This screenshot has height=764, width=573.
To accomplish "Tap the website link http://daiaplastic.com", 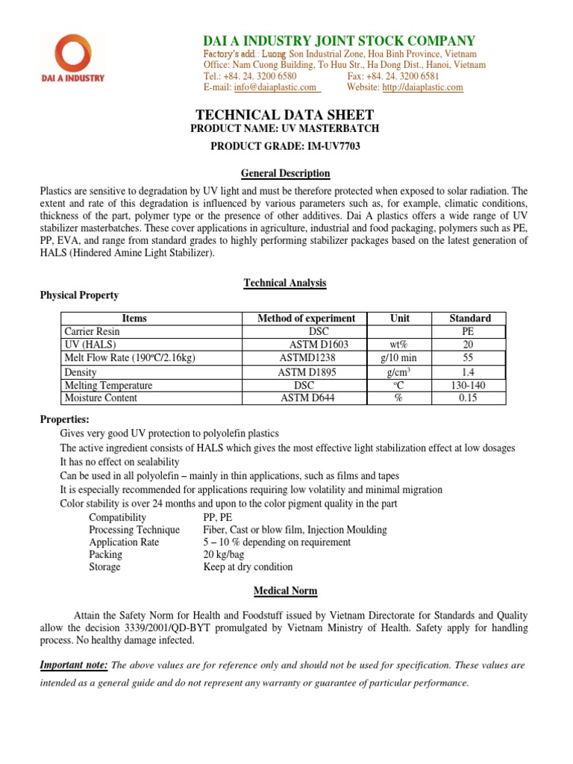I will [422, 87].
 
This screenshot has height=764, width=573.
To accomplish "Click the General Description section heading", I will [285, 173].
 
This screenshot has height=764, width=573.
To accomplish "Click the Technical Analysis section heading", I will [285, 283].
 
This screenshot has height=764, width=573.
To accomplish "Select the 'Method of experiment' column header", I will [306, 319].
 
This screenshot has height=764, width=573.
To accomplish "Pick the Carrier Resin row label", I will [92, 331].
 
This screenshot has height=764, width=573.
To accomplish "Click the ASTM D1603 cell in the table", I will [319, 345].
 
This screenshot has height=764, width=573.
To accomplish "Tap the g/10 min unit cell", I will [400, 358].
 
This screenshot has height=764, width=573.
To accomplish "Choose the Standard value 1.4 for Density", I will [469, 372].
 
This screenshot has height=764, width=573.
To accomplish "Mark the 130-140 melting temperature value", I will [469, 385].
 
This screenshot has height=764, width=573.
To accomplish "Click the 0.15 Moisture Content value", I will [469, 398].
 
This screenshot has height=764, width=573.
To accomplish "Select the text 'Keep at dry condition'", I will [248, 567].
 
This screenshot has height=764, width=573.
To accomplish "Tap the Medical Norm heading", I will [285, 591].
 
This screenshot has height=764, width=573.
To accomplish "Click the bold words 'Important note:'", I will [74, 665].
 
